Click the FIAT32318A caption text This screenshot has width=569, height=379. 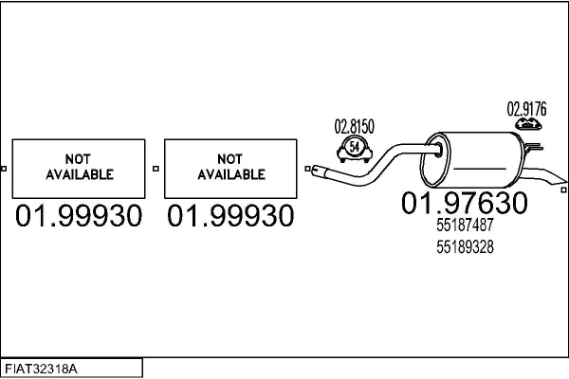coord(41,370)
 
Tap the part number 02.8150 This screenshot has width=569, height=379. coord(354,127)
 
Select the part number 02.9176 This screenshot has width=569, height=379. coord(526,109)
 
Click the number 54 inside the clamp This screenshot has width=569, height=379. coord(354,147)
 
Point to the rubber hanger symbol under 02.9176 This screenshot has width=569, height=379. coord(528,124)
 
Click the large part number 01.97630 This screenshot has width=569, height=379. coord(464,203)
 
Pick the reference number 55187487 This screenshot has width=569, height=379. coord(465,225)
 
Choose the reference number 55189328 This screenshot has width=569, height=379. coord(465,247)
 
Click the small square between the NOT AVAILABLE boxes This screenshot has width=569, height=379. coord(156,169)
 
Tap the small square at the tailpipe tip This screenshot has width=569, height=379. coord(563,189)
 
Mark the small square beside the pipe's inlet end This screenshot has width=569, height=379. coord(307,169)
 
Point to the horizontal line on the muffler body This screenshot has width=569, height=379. coord(479,169)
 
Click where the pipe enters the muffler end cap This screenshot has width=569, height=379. coord(438,150)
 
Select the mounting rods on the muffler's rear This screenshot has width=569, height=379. coord(533,147)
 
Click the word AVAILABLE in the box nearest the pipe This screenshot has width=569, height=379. coord(231,174)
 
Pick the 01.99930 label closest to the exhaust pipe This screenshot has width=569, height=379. coord(230,216)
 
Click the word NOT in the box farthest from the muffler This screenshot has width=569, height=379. coord(78,159)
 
